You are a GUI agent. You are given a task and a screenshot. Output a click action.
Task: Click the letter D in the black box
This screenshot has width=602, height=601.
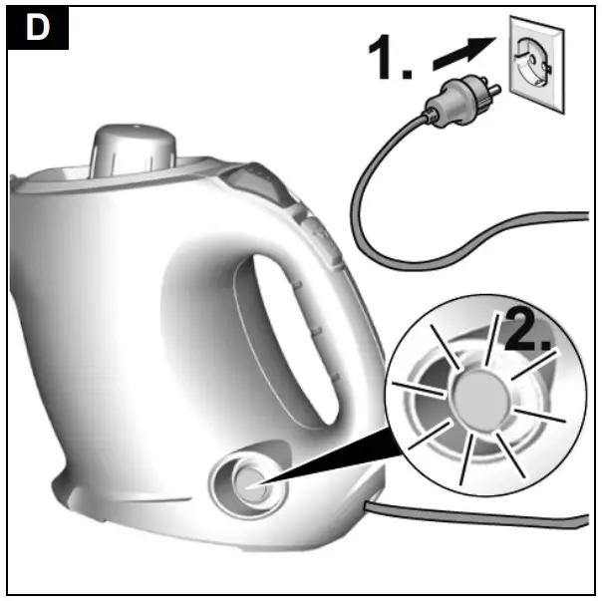37,28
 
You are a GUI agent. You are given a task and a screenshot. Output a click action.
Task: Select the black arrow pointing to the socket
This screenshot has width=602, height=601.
463,56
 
